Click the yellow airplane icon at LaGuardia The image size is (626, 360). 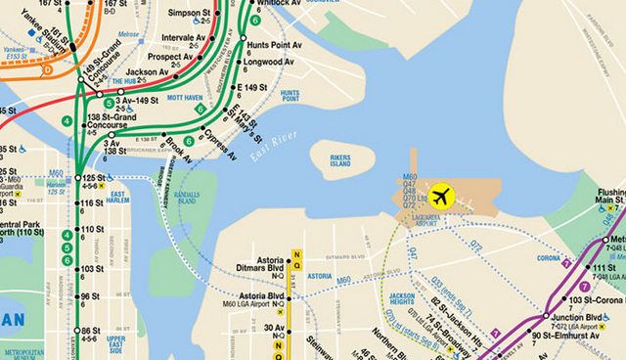tap(441, 195)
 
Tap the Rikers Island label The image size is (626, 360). tap(339, 159)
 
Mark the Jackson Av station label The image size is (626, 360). tap(148, 72)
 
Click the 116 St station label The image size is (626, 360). tap(91, 203)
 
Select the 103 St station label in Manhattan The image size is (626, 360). tap(91, 268)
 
